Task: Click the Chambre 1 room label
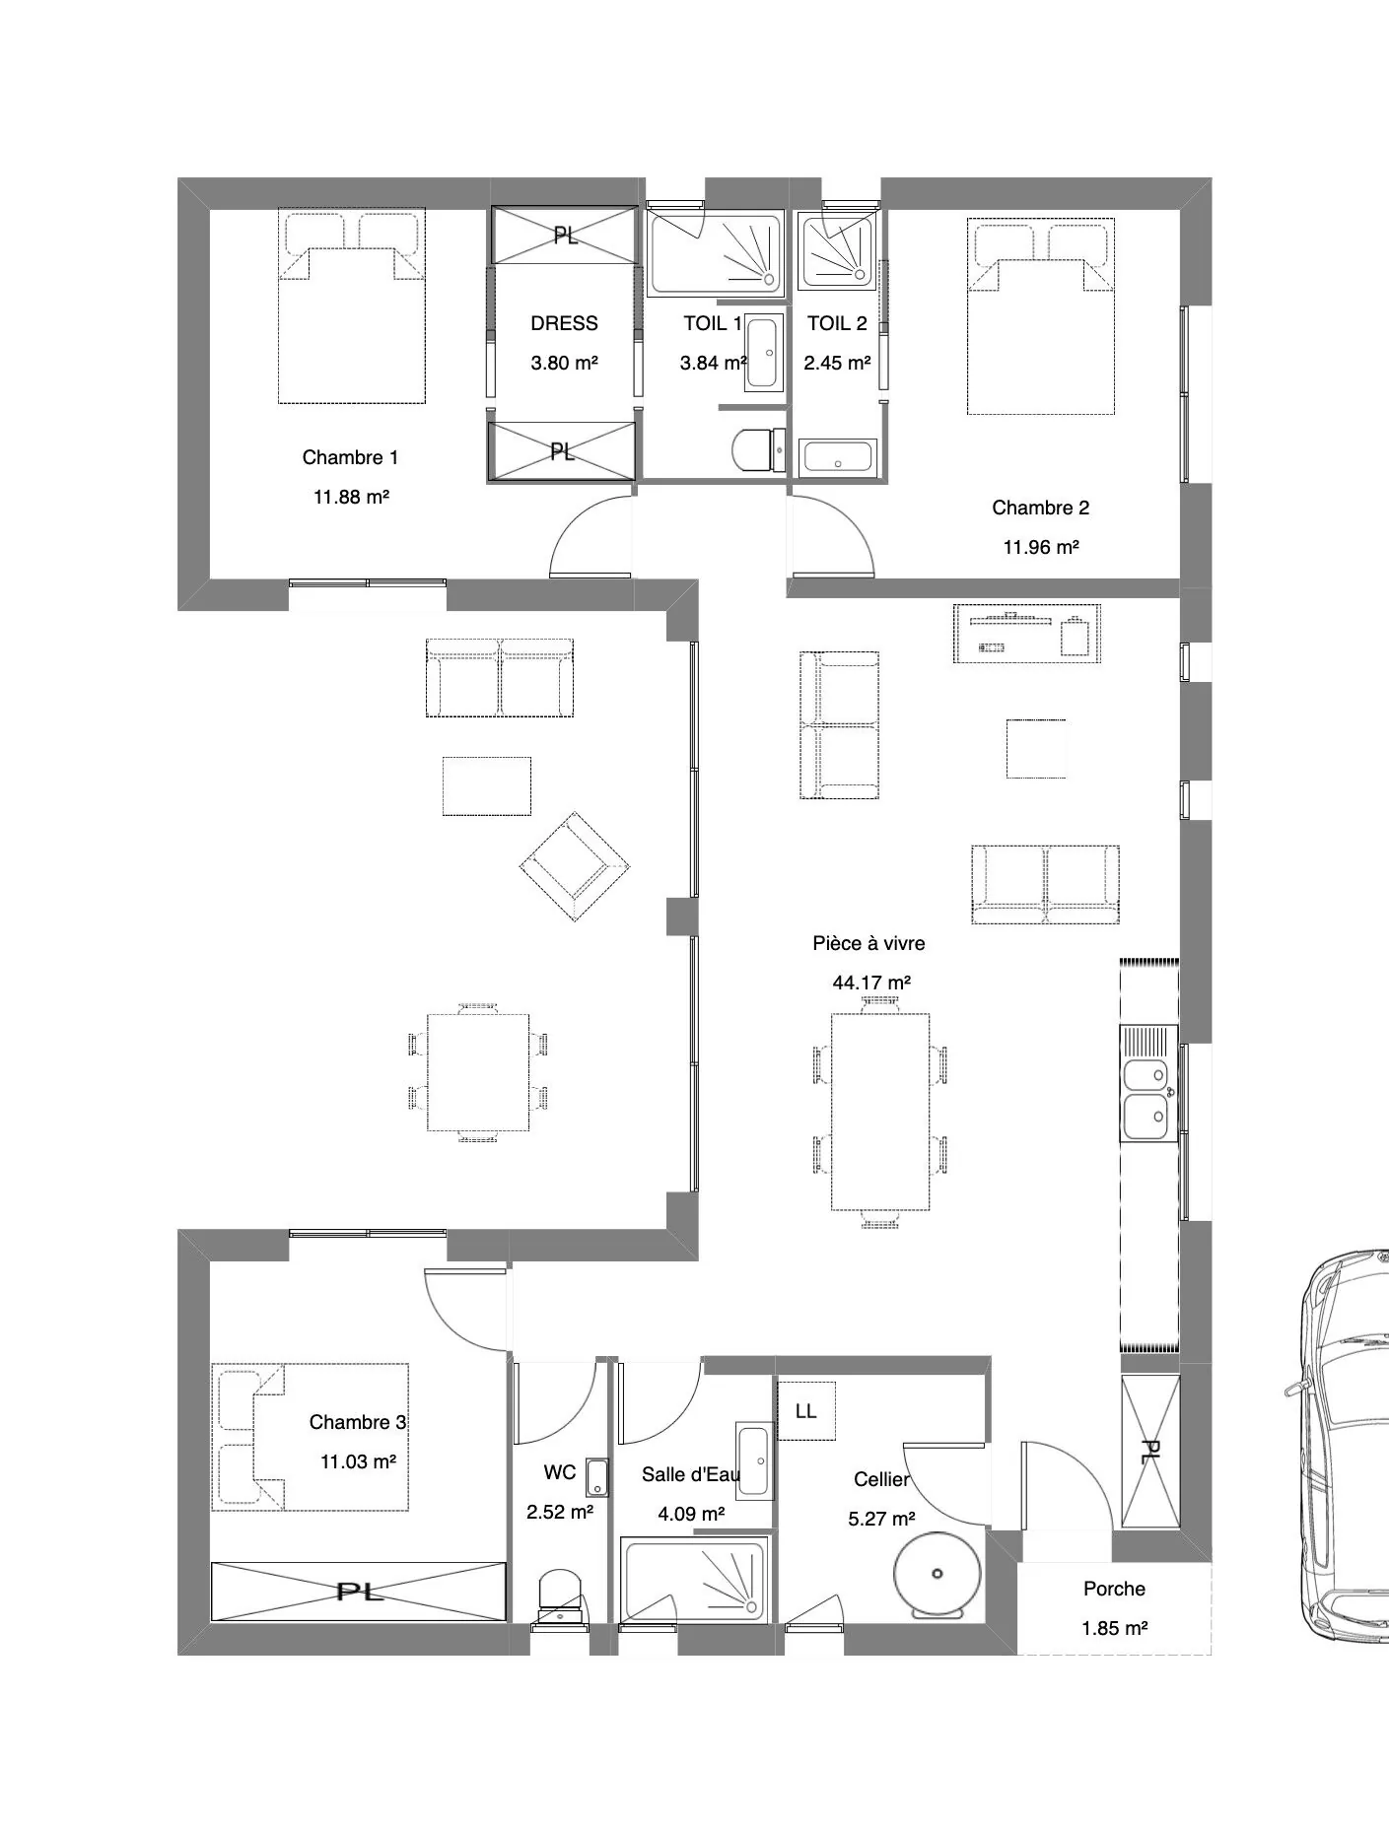pos(350,457)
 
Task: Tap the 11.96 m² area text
pos(1041,547)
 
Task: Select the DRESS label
pos(564,323)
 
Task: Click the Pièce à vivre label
pos(868,943)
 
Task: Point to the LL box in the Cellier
pos(806,1410)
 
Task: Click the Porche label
pos(1114,1589)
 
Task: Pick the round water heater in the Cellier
pos(936,1575)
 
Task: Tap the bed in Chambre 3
pos(311,1437)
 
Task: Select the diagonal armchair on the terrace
pos(576,866)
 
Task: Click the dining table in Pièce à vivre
pos(880,1112)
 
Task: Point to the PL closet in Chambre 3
pos(359,1591)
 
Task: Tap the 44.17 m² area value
pos(871,983)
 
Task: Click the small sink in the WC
pos(597,1476)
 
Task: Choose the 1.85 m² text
pos(1114,1628)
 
